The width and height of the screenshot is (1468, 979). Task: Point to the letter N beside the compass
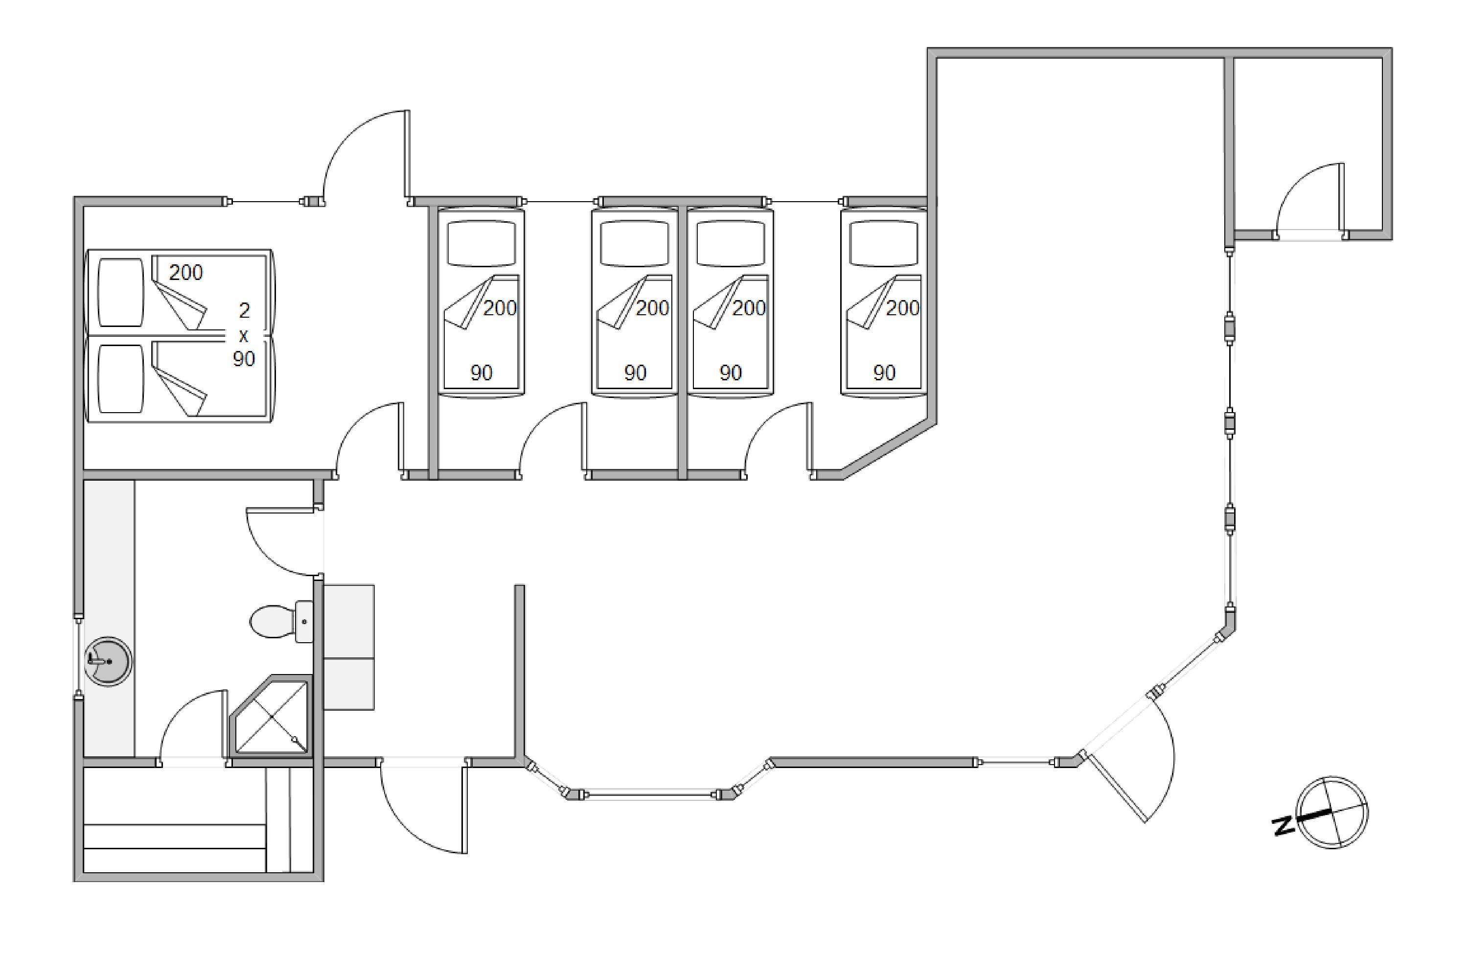click(1284, 825)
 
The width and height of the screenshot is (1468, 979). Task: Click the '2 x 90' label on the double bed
click(244, 335)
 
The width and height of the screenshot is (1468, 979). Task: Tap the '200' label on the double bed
click(186, 273)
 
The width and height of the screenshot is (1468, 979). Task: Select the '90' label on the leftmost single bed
click(481, 373)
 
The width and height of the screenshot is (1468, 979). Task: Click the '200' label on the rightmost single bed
click(902, 308)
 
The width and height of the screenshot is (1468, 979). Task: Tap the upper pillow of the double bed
click(121, 292)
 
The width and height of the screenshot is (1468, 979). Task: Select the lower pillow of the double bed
click(121, 378)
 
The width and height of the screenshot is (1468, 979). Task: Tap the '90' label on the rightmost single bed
click(884, 373)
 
